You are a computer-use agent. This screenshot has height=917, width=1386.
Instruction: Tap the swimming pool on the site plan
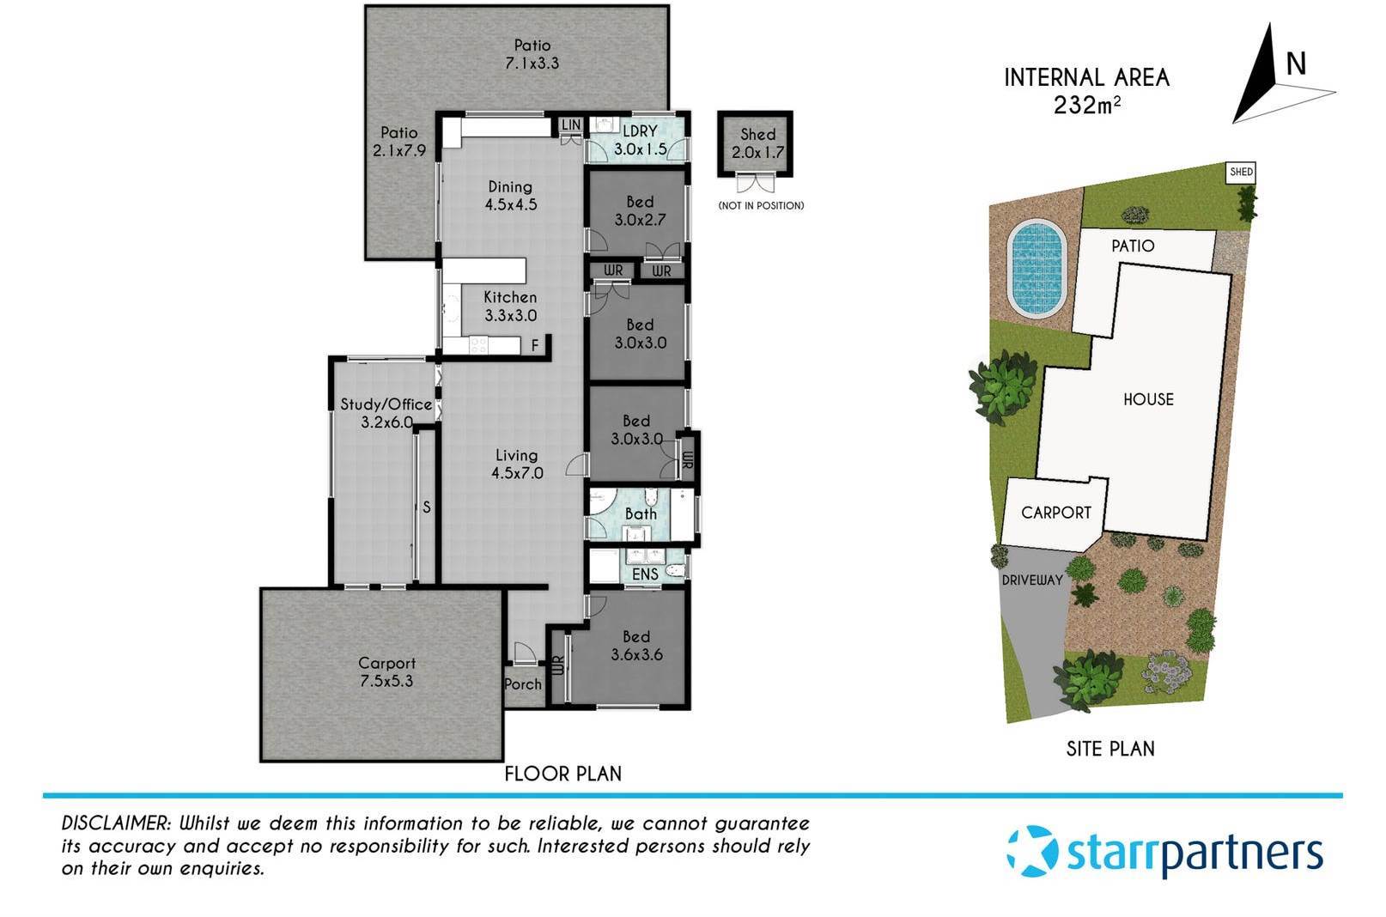(1037, 269)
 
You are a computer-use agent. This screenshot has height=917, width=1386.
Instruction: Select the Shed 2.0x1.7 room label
(757, 143)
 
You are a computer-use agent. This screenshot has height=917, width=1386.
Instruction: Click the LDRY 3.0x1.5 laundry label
(640, 140)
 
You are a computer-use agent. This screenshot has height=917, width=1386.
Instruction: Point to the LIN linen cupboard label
(571, 125)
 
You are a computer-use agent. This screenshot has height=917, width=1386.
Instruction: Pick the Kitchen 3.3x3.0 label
(510, 306)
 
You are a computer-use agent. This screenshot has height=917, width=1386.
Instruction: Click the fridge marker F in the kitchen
(535, 345)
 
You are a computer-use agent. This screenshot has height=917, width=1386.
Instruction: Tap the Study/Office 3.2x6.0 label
(386, 413)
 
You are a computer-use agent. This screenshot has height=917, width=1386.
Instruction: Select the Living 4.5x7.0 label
(517, 464)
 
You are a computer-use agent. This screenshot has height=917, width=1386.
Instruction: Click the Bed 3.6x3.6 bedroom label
(636, 646)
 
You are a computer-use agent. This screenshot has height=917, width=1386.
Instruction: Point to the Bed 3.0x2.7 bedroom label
(640, 210)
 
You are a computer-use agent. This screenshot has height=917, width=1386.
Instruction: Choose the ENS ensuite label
(645, 574)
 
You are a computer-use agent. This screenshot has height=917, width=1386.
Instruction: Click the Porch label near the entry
(523, 683)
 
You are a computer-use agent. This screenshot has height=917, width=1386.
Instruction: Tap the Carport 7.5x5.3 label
(386, 671)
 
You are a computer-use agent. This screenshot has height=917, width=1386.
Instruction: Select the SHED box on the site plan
(1241, 172)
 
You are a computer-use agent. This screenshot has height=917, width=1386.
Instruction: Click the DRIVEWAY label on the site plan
(1032, 580)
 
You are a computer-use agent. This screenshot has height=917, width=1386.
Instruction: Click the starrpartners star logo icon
(1033, 851)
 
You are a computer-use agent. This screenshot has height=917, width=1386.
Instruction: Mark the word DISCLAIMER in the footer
(116, 823)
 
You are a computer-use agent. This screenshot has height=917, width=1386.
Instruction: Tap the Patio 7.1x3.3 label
(532, 54)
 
